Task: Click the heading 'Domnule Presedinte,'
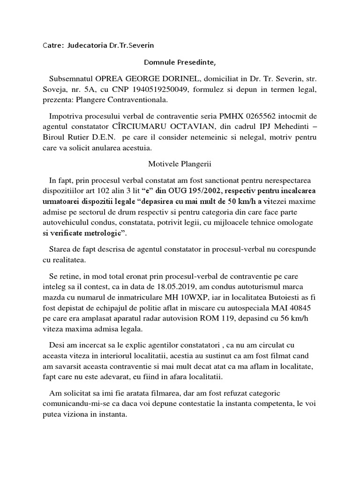coord(180,62)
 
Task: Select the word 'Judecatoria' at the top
coord(89,45)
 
